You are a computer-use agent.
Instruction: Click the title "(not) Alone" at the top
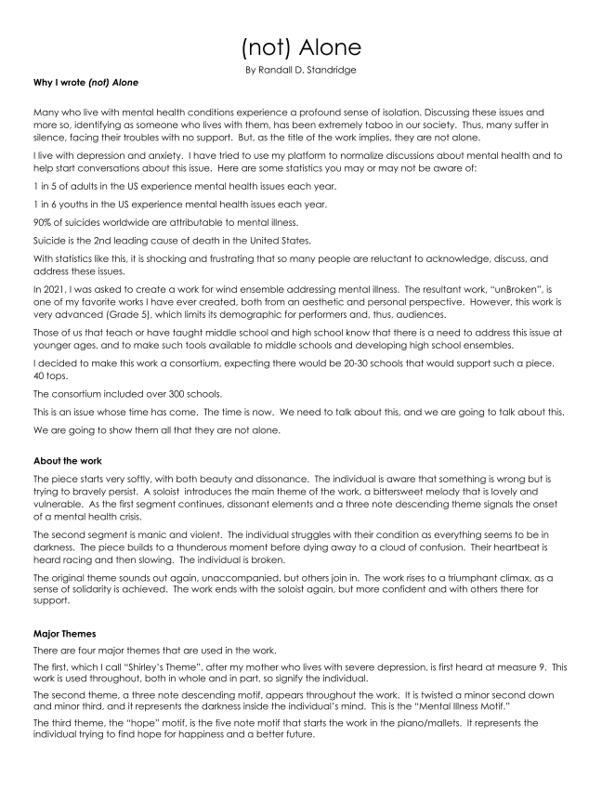[300, 46]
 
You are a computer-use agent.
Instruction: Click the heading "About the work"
[68, 461]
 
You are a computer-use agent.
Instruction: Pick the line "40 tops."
[46, 377]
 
